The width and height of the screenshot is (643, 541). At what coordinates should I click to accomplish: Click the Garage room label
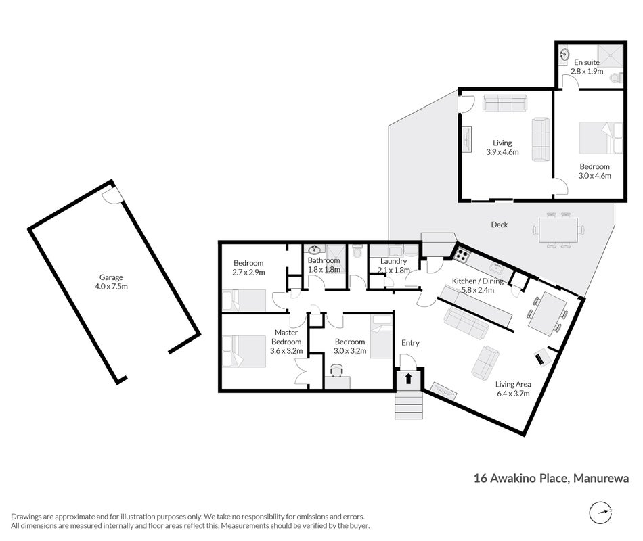111,277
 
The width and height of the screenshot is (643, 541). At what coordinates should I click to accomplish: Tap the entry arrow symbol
408,378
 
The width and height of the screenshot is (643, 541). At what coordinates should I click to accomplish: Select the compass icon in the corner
601,513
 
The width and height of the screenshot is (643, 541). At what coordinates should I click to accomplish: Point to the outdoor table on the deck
558,231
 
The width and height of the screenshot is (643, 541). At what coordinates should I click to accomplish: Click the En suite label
587,62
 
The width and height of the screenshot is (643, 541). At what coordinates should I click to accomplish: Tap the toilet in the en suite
617,78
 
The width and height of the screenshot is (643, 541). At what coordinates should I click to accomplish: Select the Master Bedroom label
286,337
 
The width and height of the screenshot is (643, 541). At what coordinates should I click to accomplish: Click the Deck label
500,225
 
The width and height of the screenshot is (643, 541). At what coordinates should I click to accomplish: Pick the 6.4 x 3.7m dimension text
513,394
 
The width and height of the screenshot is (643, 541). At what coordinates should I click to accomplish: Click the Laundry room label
393,261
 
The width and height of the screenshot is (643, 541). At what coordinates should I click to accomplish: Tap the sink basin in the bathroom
315,250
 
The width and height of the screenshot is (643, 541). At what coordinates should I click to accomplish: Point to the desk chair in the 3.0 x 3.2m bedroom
337,370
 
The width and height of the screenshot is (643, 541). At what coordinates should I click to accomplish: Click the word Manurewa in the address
601,478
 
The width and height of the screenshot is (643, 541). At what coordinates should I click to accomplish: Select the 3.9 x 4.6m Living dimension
502,152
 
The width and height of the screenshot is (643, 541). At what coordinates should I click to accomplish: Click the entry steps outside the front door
408,405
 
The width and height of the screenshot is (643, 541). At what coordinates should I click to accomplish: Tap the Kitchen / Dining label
477,281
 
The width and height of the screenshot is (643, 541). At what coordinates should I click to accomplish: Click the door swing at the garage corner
111,195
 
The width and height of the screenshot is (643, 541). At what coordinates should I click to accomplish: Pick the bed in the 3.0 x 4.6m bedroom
601,138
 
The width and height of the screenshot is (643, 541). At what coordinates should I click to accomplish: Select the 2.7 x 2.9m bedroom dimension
248,272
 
